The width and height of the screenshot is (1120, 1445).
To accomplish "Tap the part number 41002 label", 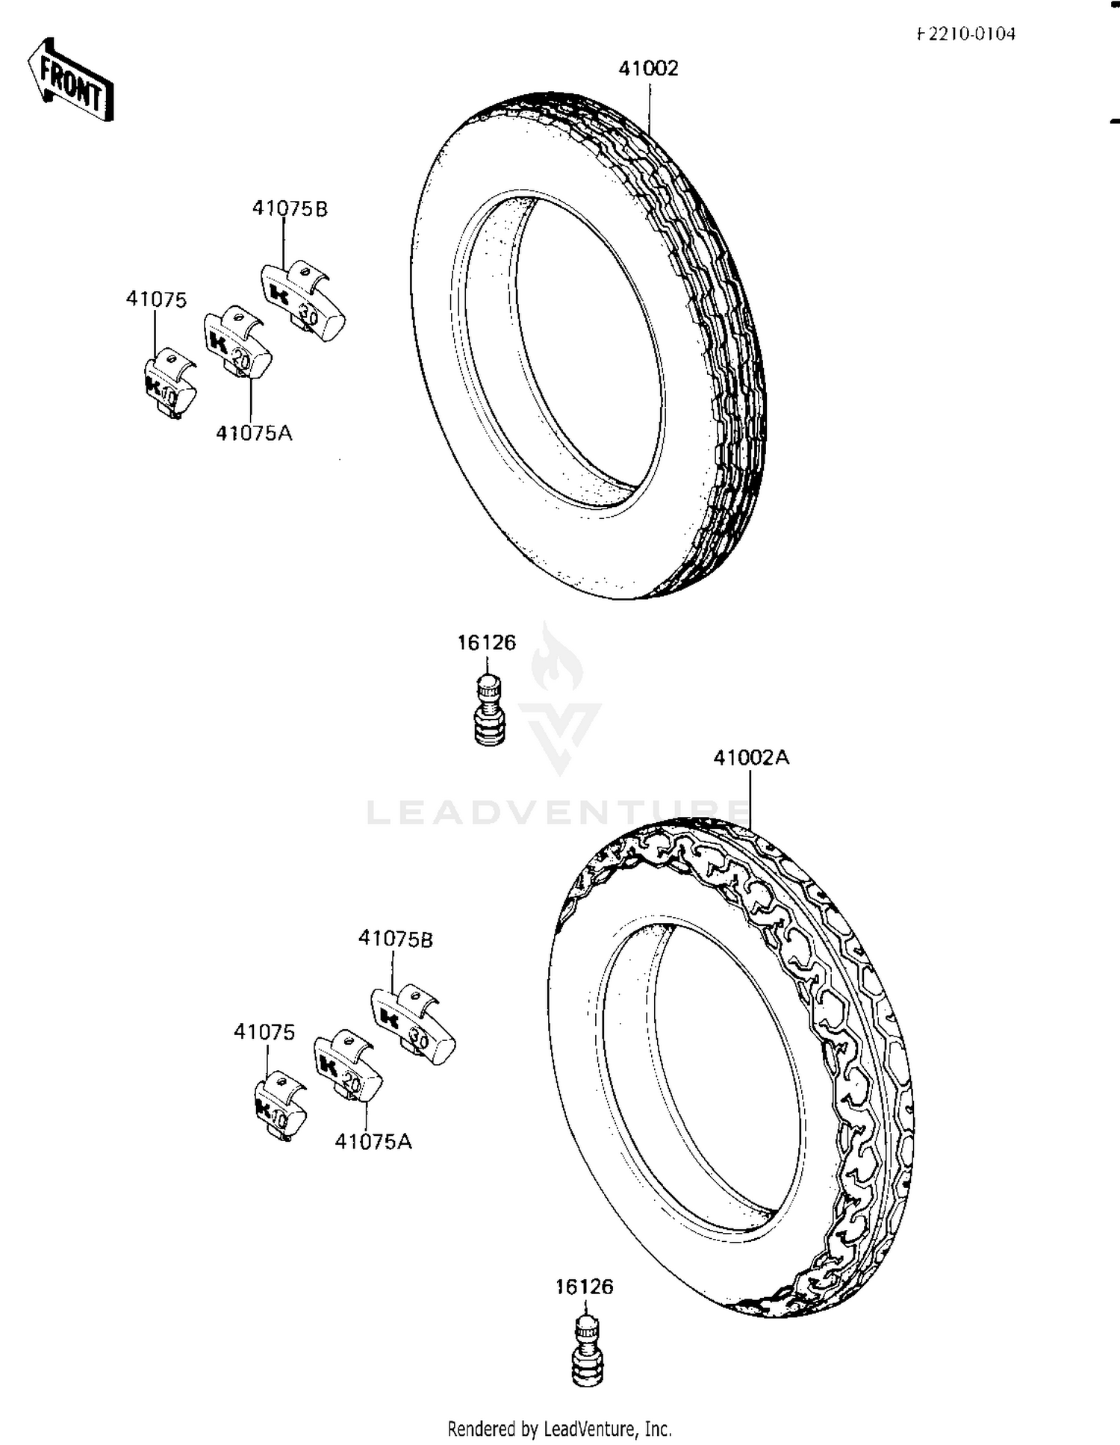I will click(x=648, y=69).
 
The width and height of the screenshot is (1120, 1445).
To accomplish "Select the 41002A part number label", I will click(x=750, y=758).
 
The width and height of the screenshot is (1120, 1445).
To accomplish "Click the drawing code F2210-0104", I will click(x=966, y=34).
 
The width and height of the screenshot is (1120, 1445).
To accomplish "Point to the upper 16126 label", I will click(x=486, y=643).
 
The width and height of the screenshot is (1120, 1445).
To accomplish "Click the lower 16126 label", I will click(x=584, y=1287).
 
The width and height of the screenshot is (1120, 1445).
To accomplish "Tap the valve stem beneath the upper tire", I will click(x=489, y=709).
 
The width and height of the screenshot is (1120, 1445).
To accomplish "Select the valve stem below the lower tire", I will click(x=588, y=1352).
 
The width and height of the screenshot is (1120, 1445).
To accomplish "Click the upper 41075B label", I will click(x=290, y=209).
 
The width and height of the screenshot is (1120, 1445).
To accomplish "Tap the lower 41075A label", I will click(x=373, y=1142).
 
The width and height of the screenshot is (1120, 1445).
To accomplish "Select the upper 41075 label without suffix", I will click(x=156, y=299).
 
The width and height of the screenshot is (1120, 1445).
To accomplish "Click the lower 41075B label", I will click(x=395, y=939).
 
